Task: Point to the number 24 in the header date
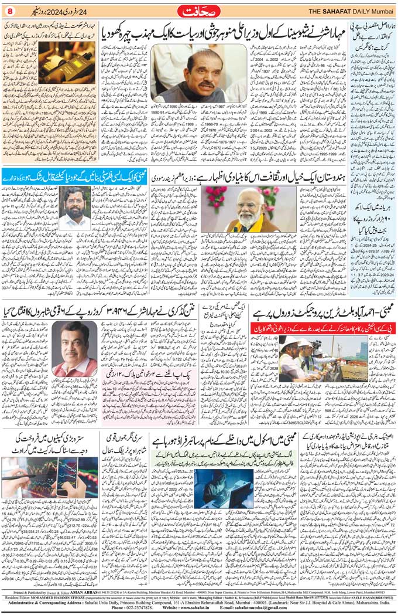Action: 88,11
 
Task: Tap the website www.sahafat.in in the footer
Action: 183,607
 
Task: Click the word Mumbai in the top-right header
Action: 380,11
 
